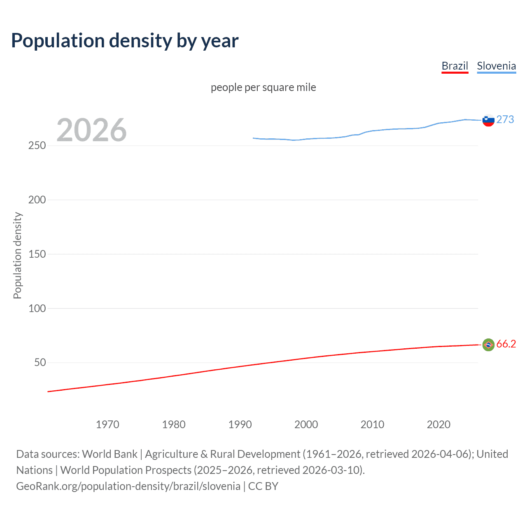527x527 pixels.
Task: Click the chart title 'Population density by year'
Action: (125, 41)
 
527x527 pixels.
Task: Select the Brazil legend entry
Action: (455, 66)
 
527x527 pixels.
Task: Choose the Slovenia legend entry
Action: (496, 66)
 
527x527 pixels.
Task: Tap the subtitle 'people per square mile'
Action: (263, 87)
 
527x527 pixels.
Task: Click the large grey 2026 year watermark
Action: (91, 130)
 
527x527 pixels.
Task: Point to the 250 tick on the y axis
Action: (37, 146)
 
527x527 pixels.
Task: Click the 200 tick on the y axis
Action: (37, 200)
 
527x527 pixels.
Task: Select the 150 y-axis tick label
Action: (37, 254)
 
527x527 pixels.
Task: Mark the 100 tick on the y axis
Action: (37, 308)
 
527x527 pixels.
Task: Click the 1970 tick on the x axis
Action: (107, 424)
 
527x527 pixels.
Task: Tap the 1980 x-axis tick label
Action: (174, 424)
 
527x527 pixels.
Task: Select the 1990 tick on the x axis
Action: (240, 424)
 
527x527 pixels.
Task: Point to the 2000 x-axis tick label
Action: (306, 424)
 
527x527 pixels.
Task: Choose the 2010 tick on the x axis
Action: (372, 424)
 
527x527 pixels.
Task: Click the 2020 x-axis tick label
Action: (438, 424)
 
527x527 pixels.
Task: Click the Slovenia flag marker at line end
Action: (488, 120)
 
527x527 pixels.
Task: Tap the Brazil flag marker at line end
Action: (488, 345)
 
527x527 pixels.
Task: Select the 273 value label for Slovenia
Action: (505, 119)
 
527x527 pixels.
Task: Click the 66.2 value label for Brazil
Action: (506, 344)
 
